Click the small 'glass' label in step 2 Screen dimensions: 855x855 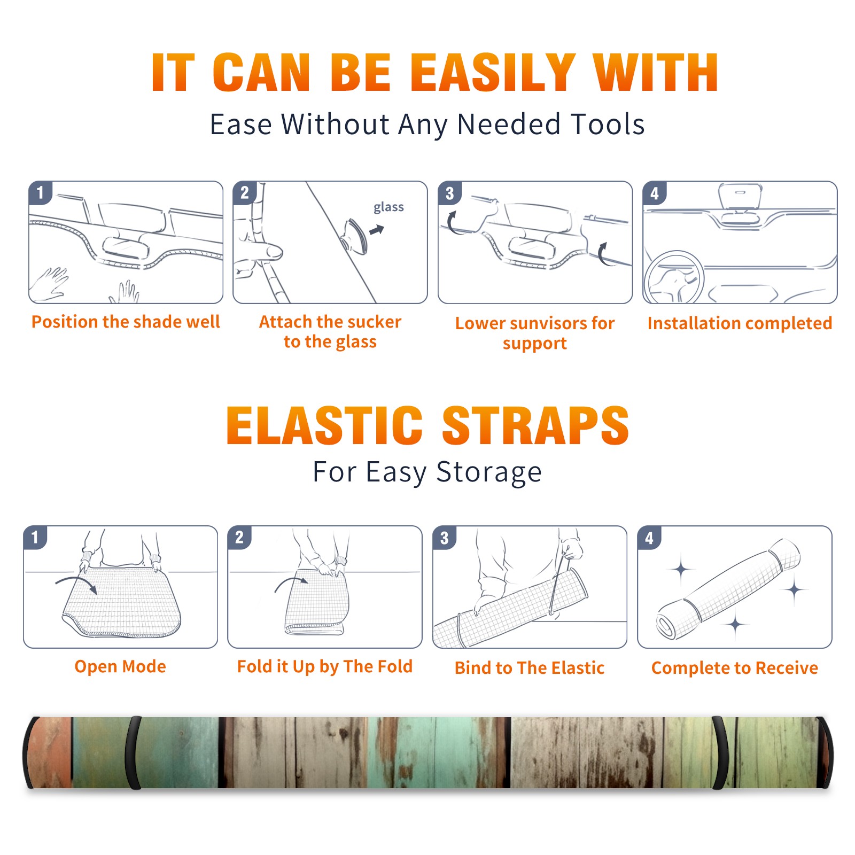point(388,207)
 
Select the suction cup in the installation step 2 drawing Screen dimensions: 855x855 point(356,235)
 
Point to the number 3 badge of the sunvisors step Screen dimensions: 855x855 point(449,193)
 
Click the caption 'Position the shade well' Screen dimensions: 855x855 point(126,322)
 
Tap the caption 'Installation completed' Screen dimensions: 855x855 point(740,323)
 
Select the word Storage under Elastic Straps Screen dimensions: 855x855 point(489,472)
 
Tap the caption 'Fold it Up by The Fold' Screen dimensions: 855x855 point(325,666)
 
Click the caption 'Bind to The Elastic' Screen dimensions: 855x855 point(530,668)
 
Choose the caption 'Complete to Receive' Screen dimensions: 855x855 point(735,668)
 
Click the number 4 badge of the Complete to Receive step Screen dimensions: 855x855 point(649,538)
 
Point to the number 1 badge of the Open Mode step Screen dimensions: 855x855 point(35,537)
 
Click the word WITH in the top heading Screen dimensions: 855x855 point(656,73)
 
